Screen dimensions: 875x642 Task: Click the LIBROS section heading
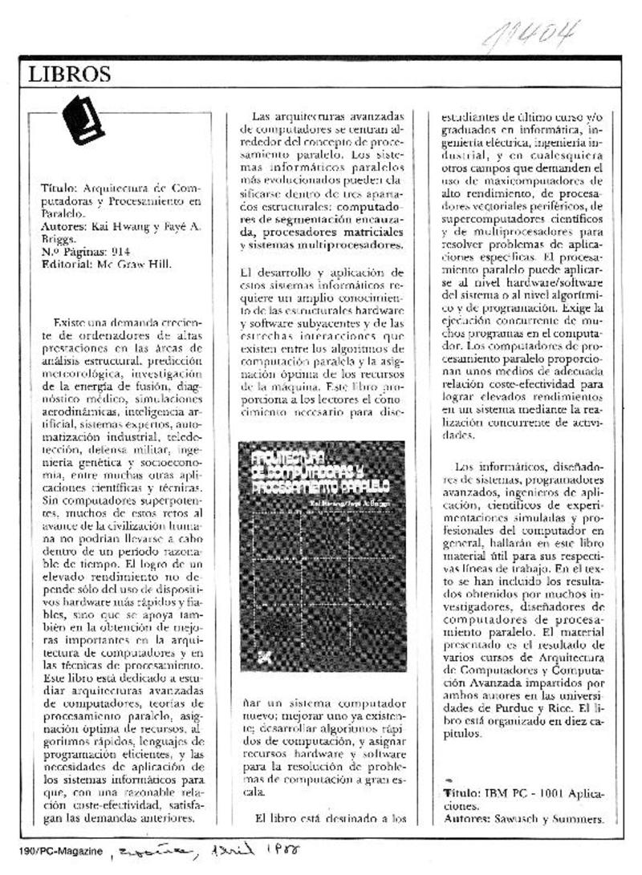coord(69,75)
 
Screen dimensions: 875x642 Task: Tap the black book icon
coord(83,120)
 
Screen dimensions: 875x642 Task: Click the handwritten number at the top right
coord(531,34)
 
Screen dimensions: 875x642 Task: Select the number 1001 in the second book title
coord(555,793)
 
